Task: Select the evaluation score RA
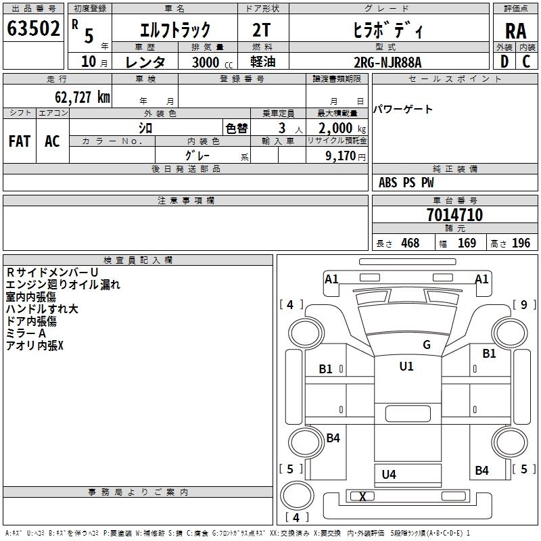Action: (x=516, y=30)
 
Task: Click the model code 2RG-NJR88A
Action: (x=387, y=62)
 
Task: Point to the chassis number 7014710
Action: (x=454, y=216)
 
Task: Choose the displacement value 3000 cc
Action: (x=206, y=62)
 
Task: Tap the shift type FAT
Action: (x=19, y=141)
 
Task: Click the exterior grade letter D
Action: (x=504, y=62)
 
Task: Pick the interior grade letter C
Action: (x=526, y=62)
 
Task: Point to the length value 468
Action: (x=409, y=243)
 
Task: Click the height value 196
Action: (x=521, y=243)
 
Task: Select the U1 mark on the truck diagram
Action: (x=406, y=367)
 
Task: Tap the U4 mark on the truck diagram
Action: (x=389, y=474)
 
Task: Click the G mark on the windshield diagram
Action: (x=426, y=345)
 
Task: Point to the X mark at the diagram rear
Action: (x=362, y=497)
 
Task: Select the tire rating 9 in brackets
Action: (x=523, y=304)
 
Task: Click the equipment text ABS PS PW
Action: (x=406, y=183)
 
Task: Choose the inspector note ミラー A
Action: (x=26, y=334)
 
